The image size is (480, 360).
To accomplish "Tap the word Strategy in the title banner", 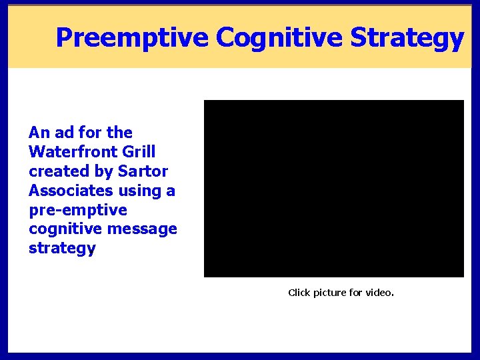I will pos(407,38).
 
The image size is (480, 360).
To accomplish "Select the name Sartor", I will pos(143,171).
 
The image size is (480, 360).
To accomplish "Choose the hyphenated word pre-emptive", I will pos(77,210).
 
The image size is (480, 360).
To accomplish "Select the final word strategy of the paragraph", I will pos(62,249).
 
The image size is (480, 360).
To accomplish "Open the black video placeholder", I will pos(333,189).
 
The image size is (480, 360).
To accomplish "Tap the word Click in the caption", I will pos(299,293).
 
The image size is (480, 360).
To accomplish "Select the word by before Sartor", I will pos(102,171).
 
